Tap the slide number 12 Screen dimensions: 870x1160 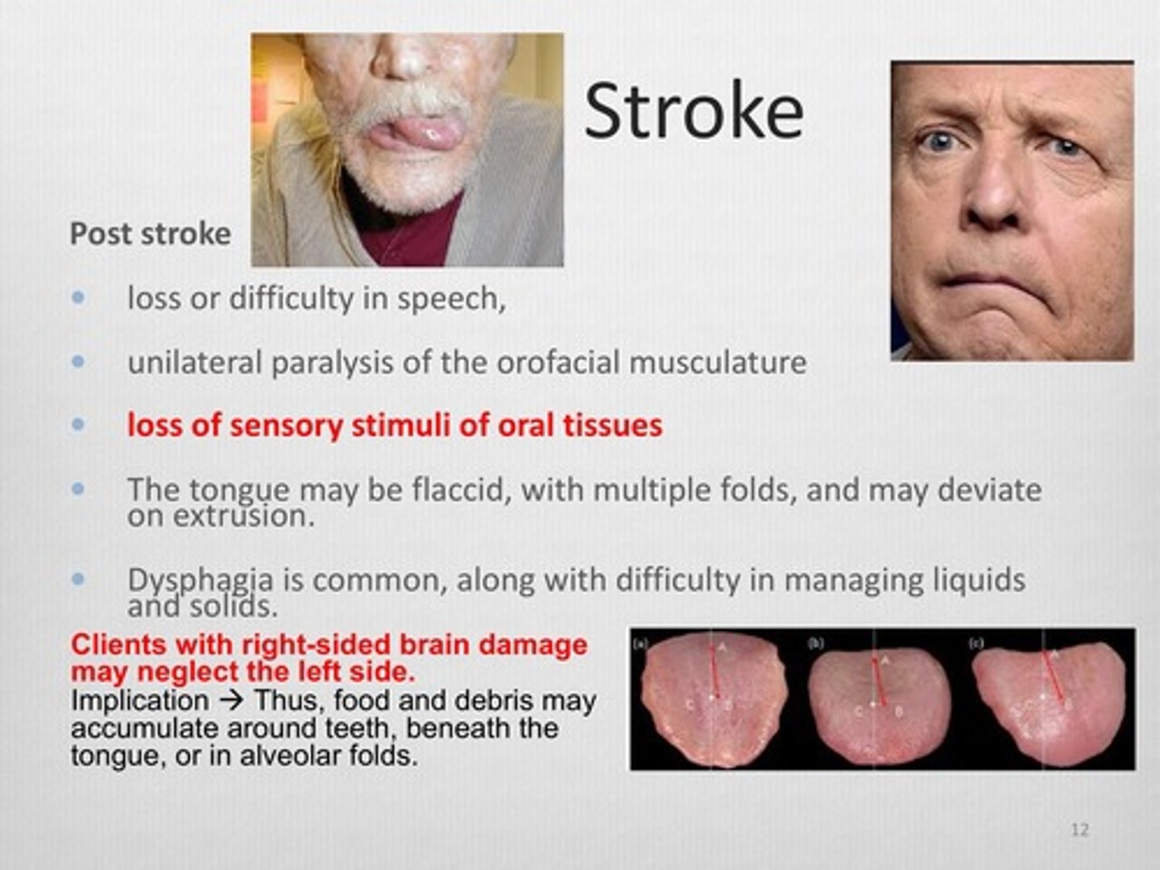coord(1079,829)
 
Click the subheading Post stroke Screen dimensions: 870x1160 coord(150,234)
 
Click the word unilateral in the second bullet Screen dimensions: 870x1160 coord(194,362)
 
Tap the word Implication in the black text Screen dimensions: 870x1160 coord(139,700)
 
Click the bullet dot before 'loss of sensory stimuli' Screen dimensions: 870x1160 coord(78,425)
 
